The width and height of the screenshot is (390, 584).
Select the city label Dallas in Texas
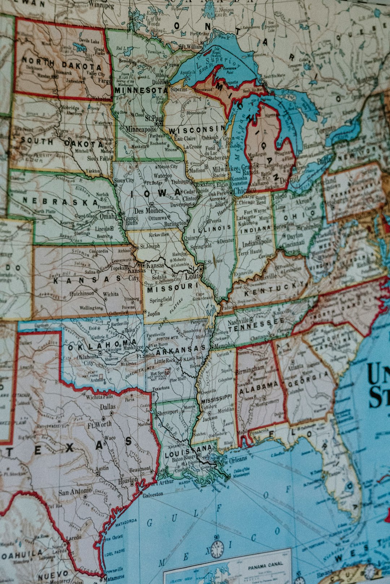click(108, 407)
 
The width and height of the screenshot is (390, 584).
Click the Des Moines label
click(148, 211)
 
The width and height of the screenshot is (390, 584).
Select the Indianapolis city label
click(257, 244)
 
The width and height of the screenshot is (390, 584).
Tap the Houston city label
click(128, 480)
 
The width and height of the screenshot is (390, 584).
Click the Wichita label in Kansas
click(110, 294)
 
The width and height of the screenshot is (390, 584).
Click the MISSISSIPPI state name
click(216, 399)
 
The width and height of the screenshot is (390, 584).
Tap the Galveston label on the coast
click(153, 495)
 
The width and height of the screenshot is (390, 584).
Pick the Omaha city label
click(108, 216)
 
